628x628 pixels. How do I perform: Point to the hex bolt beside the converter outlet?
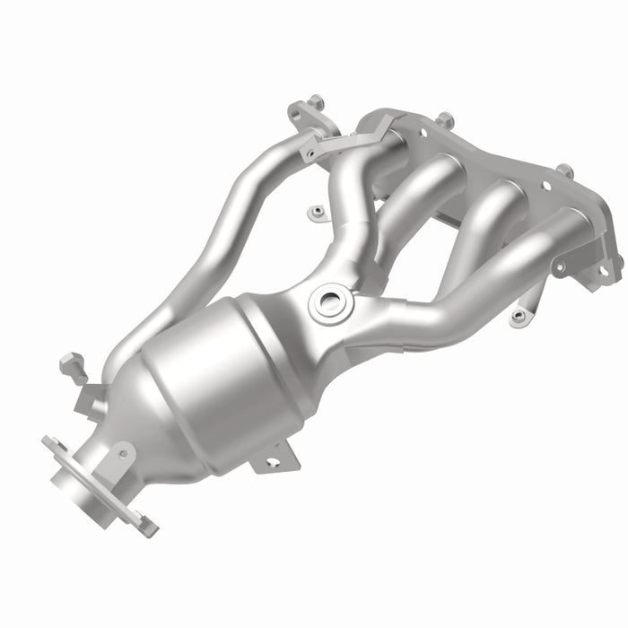click(72, 366)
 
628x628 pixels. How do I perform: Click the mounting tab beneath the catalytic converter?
click(275, 457)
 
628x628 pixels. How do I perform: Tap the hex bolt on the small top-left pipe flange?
click(316, 103)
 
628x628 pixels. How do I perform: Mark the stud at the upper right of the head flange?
click(563, 170)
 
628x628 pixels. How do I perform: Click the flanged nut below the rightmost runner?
click(518, 316)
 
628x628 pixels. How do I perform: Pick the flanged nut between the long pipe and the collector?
click(315, 213)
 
